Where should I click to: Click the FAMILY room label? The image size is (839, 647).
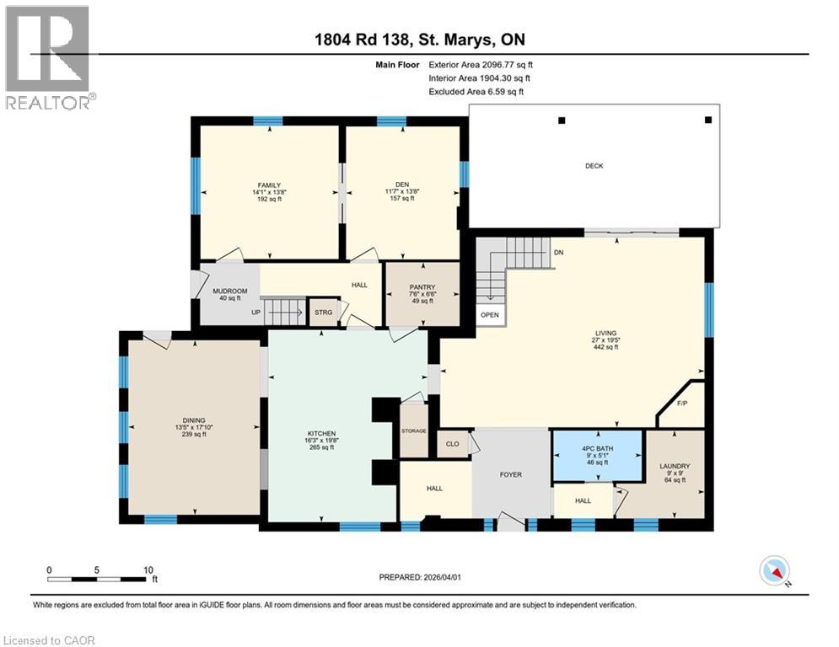point(269,185)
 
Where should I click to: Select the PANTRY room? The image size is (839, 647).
point(422,293)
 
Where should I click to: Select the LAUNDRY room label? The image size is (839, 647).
point(675,466)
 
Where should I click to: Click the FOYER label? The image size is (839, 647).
point(510,475)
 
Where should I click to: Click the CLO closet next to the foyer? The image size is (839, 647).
point(451,443)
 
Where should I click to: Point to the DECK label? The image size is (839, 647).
point(594,166)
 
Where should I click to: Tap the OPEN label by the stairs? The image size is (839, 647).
point(489,315)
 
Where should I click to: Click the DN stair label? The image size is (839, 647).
point(558,253)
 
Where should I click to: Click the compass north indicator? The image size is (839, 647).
point(774,572)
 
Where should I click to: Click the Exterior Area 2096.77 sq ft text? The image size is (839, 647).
point(481,64)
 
